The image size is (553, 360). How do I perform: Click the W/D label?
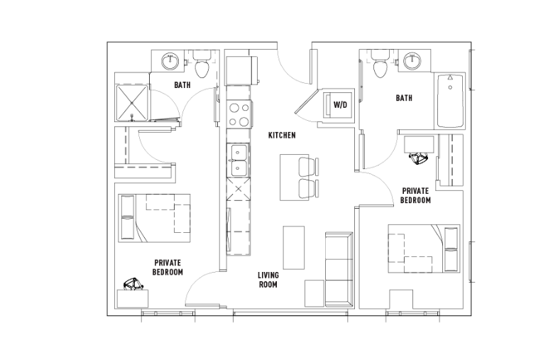[340, 104]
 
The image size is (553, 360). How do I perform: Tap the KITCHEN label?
[282, 135]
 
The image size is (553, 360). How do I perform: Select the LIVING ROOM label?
[268, 280]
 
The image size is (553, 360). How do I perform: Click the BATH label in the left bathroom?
[182, 85]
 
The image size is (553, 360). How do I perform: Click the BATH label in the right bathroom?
[404, 98]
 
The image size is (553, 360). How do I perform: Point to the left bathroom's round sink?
[170, 61]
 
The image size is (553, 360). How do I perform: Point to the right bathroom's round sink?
[412, 61]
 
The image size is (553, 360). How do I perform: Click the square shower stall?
[131, 102]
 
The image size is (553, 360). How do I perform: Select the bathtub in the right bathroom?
[450, 101]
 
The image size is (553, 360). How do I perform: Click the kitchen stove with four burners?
[239, 114]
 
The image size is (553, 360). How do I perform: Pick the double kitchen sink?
[239, 160]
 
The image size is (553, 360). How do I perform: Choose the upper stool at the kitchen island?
[307, 166]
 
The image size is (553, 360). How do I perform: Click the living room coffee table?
[294, 248]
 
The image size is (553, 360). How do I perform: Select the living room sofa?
[339, 269]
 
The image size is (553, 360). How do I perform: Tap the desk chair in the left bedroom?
[133, 284]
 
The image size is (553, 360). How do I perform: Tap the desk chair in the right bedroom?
[419, 158]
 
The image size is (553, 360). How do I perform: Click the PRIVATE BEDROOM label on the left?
[168, 267]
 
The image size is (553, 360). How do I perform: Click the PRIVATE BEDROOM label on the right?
[415, 196]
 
